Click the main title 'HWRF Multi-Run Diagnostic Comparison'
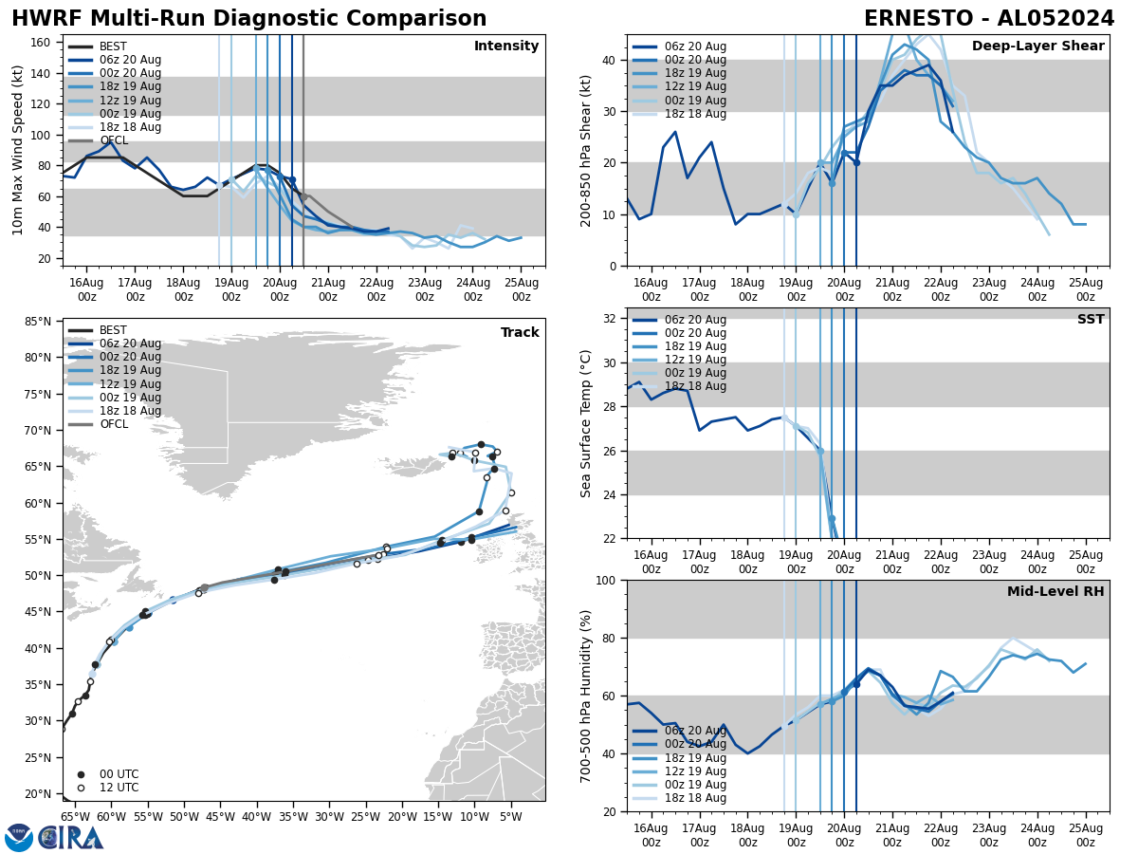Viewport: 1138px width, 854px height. click(248, 19)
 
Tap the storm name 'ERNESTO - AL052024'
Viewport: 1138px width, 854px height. click(989, 19)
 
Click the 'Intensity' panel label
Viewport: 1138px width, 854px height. click(506, 46)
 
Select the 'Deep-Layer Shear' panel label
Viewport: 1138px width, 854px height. click(1037, 46)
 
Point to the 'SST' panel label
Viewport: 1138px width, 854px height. click(1091, 320)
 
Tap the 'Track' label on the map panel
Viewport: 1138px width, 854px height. click(520, 333)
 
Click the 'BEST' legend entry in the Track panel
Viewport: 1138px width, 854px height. click(113, 330)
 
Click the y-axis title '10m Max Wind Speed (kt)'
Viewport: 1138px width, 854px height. click(18, 150)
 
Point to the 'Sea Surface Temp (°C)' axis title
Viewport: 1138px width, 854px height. click(587, 423)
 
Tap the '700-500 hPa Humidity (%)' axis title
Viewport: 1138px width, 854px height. click(587, 696)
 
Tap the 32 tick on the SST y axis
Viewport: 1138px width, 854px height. click(611, 319)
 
